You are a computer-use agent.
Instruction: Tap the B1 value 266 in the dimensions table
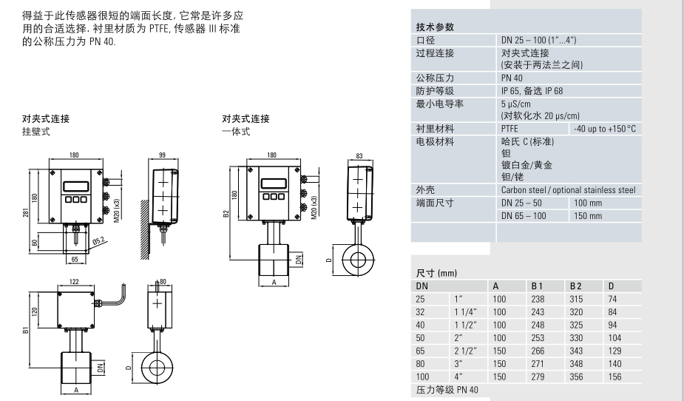tap(538, 351)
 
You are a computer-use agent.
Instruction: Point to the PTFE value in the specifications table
tap(509, 128)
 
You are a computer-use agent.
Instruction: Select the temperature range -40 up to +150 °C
tap(603, 128)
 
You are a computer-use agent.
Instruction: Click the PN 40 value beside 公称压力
tap(512, 76)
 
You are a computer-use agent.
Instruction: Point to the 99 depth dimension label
tap(162, 155)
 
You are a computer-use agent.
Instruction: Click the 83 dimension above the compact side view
tap(360, 155)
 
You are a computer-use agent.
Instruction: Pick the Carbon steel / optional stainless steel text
tap(568, 190)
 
